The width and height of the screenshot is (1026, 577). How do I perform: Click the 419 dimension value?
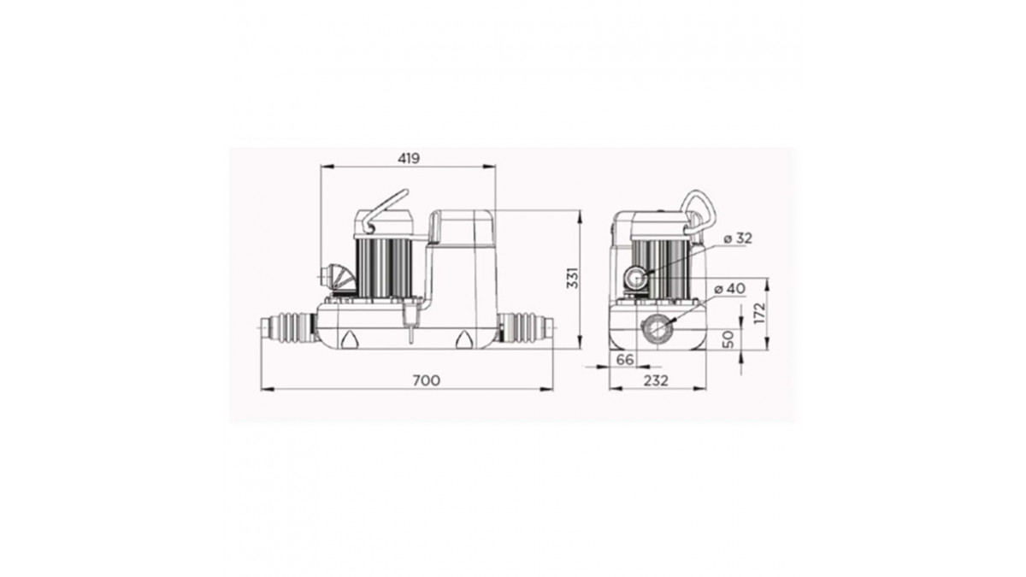(x=409, y=158)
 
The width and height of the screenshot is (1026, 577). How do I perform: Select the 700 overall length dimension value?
(x=427, y=380)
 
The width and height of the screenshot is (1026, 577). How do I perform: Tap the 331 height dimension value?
(x=573, y=278)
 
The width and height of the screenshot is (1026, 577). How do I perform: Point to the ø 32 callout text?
(x=738, y=238)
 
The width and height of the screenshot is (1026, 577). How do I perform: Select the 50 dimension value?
(x=728, y=339)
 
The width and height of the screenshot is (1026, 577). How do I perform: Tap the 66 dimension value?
(x=625, y=360)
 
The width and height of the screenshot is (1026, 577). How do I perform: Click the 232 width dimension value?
(x=656, y=380)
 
